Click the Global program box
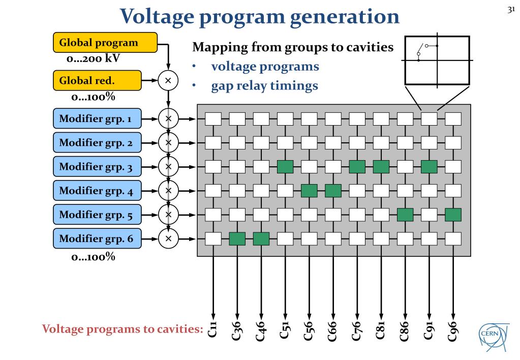pos(105,43)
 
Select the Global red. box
pos(97,80)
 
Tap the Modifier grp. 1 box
pos(97,118)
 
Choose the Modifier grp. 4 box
pos(97,191)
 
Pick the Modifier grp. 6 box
pos(97,238)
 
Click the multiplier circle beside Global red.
pos(168,80)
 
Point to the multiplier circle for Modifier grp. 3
pos(168,167)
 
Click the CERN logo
pos(494,336)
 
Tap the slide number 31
pos(511,10)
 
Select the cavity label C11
pos(212,329)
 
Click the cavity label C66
pos(332,331)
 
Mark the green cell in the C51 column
pos(285,167)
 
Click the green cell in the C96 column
pos(453,215)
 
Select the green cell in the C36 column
pos(237,239)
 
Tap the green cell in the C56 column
pos(309,191)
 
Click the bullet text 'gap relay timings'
pos(265,86)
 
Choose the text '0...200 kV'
pos(93,58)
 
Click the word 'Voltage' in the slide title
pos(157,17)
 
